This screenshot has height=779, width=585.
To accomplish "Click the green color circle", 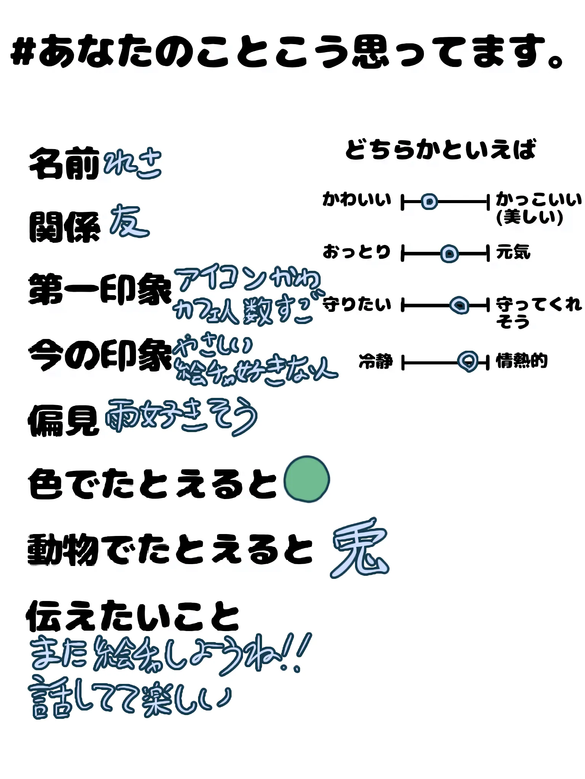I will point(307,479).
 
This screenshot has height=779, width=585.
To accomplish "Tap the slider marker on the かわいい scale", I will point(429,202).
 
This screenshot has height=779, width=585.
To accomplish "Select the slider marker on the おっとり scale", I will point(449,253).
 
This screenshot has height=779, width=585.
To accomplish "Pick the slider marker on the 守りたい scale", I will point(459,305).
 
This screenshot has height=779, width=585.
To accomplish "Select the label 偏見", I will point(63,420).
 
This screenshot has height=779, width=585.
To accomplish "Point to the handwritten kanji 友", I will point(129,221).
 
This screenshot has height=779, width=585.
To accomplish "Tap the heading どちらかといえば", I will point(441,149).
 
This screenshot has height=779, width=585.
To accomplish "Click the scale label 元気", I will point(513,252).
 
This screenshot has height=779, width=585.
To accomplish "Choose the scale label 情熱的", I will point(522,361).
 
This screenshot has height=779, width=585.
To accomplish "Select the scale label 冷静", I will point(376,361).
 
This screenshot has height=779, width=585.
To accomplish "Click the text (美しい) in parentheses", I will point(529,217).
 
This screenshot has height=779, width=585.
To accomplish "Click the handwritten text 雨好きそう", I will point(181,417).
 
